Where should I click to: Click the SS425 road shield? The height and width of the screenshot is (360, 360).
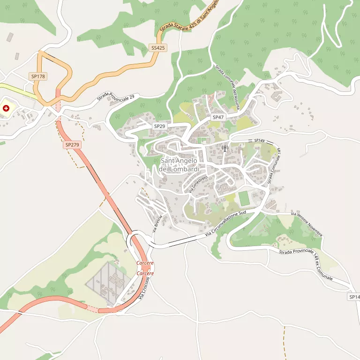(x=158, y=48)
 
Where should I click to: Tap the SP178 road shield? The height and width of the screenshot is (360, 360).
(x=38, y=76)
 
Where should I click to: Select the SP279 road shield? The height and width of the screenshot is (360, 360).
(x=72, y=145)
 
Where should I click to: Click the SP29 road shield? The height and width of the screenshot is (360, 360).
(x=160, y=127)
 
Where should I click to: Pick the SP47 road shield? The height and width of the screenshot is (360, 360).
(x=218, y=117)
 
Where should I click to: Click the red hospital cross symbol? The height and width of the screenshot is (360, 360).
(x=6, y=108)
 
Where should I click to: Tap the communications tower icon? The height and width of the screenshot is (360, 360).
(x=224, y=149)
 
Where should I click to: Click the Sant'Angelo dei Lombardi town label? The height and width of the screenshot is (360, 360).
(x=179, y=165)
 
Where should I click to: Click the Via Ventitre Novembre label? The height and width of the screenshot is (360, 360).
(x=307, y=224)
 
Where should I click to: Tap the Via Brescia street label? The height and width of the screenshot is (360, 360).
(x=157, y=223)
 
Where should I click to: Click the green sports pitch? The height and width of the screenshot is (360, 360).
(x=244, y=198)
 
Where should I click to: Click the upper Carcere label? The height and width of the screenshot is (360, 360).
(x=145, y=263)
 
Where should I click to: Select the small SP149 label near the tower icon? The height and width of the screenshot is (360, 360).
(x=260, y=141)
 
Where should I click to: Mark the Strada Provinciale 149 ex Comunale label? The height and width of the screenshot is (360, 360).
(x=306, y=265)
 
